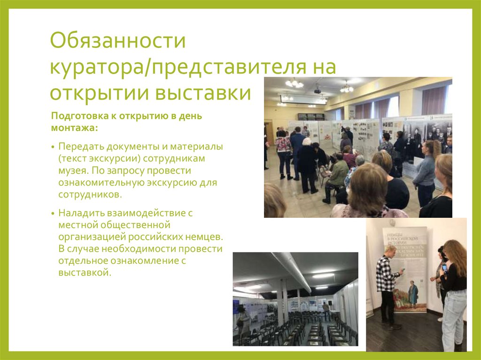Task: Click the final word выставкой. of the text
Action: (x=85, y=272)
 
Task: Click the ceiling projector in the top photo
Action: (x=318, y=89)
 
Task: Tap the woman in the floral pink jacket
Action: (x=283, y=155)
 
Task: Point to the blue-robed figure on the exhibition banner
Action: (x=413, y=294)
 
